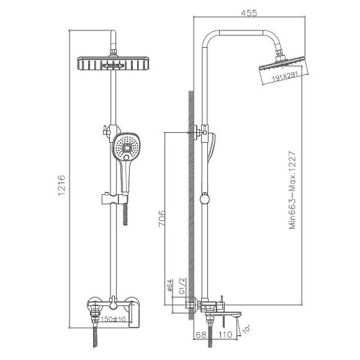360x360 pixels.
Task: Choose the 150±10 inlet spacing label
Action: click(x=112, y=319)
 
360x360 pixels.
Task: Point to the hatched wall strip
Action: click(x=191, y=199)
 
